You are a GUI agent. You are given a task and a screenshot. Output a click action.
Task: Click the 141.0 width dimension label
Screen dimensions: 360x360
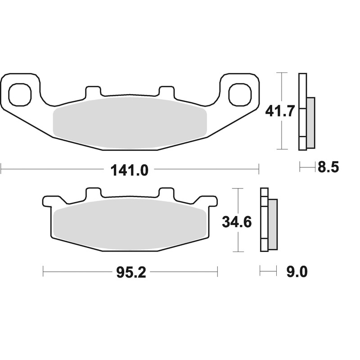(129, 171)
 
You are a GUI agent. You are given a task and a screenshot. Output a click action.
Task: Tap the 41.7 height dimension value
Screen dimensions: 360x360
(279, 112)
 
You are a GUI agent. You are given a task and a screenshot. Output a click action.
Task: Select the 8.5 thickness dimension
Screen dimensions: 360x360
(328, 167)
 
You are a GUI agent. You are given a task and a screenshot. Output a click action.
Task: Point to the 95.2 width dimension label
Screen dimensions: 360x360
(131, 273)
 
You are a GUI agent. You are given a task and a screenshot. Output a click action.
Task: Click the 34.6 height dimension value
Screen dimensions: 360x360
(237, 222)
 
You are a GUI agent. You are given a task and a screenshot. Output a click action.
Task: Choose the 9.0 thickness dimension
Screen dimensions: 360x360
(297, 272)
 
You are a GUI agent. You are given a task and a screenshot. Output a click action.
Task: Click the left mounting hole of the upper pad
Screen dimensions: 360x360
(19, 94)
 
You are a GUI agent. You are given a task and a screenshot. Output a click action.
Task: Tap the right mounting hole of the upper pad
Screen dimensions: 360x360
(240, 94)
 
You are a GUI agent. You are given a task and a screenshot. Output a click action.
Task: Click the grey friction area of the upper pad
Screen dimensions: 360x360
(130, 123)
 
